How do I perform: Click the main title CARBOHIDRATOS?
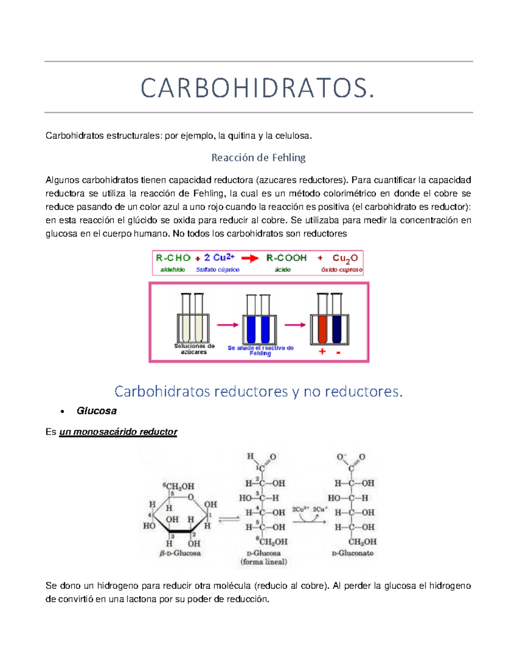(x=258, y=88)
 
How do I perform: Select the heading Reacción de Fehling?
(x=258, y=158)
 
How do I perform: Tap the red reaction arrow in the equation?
(x=250, y=258)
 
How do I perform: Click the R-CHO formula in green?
(x=173, y=258)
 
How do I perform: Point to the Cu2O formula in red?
(x=345, y=258)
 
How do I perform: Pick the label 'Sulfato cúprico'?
(x=218, y=270)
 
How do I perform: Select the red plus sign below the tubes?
(x=322, y=352)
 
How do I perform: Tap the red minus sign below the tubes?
(x=339, y=353)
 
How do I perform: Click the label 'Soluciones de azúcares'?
(x=194, y=349)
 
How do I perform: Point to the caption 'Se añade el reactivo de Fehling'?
(x=261, y=350)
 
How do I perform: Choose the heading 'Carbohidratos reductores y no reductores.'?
(x=258, y=391)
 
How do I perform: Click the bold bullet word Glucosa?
(x=97, y=411)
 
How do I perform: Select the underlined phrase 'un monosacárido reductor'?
(x=118, y=432)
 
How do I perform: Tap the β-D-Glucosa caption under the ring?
(x=180, y=553)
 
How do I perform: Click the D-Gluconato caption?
(x=352, y=553)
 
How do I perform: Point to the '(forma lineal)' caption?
(x=264, y=562)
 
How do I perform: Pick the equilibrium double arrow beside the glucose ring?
(x=229, y=519)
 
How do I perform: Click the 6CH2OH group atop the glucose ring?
(x=179, y=486)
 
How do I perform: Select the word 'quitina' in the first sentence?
(x=241, y=136)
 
